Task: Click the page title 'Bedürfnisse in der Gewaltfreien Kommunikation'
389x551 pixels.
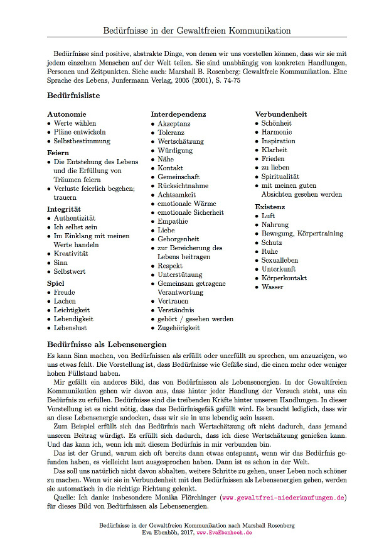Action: (x=197, y=30)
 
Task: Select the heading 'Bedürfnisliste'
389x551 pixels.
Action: (x=73, y=96)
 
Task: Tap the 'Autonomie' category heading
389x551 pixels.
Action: (x=67, y=114)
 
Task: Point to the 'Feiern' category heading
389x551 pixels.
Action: (x=58, y=153)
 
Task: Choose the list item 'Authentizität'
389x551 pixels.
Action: (x=75, y=218)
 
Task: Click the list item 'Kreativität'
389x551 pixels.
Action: (x=71, y=253)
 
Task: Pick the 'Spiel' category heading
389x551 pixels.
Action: (x=56, y=283)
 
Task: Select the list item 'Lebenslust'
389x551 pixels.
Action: (x=70, y=327)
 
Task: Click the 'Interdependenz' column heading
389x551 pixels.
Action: (x=178, y=114)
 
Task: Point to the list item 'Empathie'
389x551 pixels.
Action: (x=173, y=221)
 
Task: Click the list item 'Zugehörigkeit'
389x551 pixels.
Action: (x=179, y=327)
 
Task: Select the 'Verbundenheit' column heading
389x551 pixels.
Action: (x=281, y=114)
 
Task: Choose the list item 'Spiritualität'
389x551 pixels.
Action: (x=280, y=177)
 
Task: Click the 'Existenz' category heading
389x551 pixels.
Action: (x=270, y=207)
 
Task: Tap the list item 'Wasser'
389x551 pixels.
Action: (x=273, y=287)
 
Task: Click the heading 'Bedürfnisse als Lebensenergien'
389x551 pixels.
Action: (x=107, y=344)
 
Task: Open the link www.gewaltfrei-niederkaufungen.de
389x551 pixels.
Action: (x=284, y=498)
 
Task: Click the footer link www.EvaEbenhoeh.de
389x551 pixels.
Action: (x=224, y=532)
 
